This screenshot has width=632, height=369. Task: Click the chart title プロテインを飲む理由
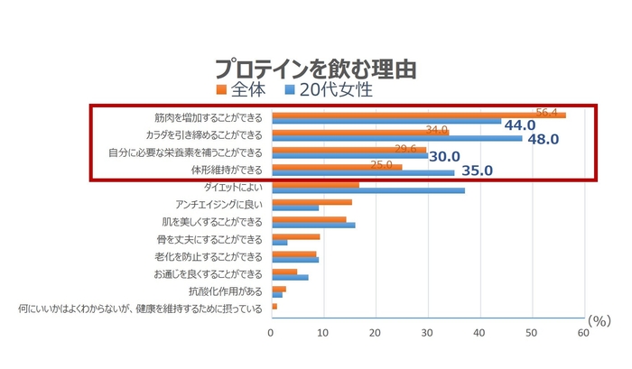pos(316,69)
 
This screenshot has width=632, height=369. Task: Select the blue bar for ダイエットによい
pos(368,190)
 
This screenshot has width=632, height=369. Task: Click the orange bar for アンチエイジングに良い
pos(311,202)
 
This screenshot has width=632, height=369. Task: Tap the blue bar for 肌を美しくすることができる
pos(313,225)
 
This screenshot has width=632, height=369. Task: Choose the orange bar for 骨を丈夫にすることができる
pos(295,236)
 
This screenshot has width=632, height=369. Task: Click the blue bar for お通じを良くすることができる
pos(290,277)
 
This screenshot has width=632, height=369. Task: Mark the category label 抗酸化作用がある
pos(225,291)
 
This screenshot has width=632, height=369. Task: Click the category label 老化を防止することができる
pos(212,257)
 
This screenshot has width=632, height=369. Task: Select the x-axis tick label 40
pos(480,332)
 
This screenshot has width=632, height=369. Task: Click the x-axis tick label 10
pos(323,332)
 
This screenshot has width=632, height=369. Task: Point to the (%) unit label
pos(599,320)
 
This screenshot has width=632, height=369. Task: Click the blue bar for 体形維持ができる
pos(363,172)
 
